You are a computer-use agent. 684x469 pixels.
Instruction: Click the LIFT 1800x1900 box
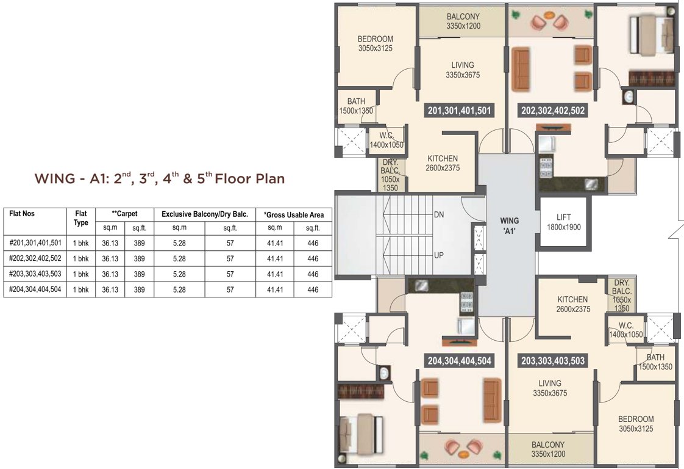tap(564, 222)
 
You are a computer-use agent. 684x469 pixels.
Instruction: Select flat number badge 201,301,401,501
tap(460, 111)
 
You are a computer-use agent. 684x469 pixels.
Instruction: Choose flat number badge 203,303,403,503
tap(553, 361)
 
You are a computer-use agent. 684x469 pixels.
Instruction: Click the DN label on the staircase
tap(438, 215)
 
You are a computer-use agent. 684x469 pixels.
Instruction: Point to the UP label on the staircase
tap(438, 255)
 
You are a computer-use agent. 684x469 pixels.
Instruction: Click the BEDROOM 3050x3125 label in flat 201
tap(375, 43)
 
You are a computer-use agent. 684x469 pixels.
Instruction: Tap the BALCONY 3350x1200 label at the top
tap(463, 21)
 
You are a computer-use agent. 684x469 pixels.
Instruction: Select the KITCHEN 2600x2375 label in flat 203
tap(573, 304)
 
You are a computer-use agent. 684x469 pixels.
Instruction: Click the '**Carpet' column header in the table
tap(124, 214)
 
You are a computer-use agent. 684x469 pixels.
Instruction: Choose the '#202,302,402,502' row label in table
tap(35, 258)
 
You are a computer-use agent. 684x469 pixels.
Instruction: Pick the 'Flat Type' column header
tap(81, 219)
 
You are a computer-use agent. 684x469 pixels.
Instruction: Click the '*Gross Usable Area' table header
tap(294, 214)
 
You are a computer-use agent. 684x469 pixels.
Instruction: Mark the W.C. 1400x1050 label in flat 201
tap(387, 140)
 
